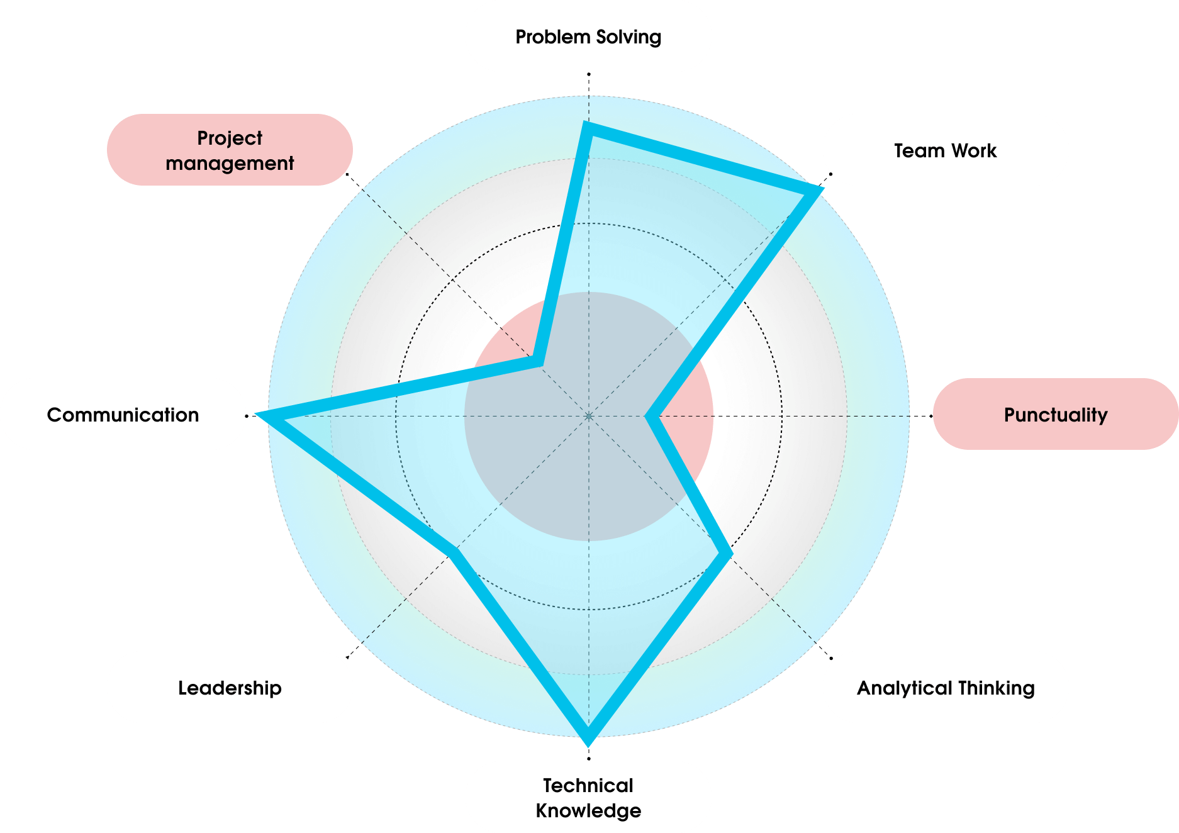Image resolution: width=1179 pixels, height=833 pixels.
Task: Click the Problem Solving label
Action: pos(588,36)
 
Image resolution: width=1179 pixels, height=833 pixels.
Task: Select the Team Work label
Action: pos(945,150)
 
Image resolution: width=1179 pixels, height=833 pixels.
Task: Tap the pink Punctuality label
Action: pos(1055,415)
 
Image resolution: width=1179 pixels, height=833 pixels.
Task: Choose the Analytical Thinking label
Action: pos(945,688)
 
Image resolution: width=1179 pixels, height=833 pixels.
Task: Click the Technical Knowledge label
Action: pos(588,797)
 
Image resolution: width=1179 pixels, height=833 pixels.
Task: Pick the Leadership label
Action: pos(230,688)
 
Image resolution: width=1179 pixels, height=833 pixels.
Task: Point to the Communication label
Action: pos(123,415)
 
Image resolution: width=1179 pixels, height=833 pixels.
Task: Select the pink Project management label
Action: pos(230,150)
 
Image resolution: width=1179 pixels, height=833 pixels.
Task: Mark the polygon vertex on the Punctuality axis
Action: pos(652,416)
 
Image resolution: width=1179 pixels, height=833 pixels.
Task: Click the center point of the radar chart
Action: pos(589,416)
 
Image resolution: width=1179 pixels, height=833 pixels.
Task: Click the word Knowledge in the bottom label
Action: pos(588,810)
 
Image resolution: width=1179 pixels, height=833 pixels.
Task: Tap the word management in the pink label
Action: pos(230,164)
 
